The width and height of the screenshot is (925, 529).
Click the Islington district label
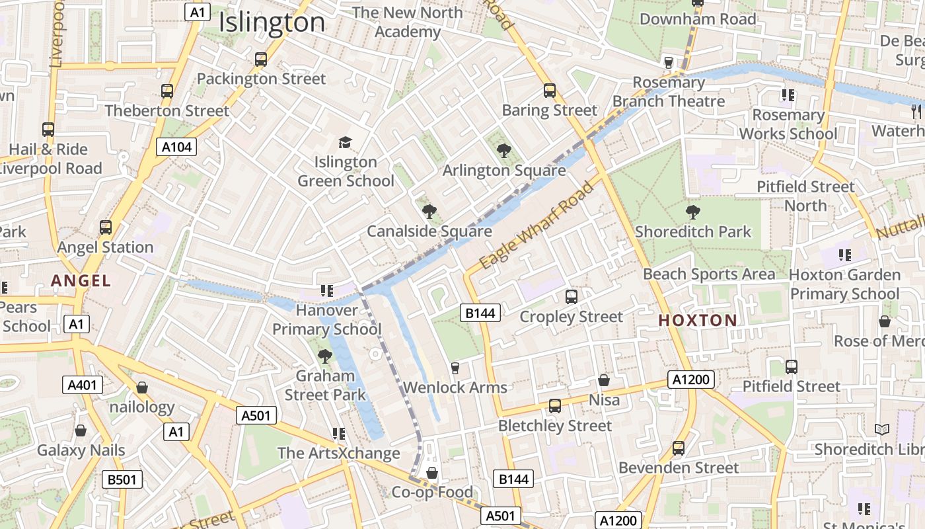point(272,22)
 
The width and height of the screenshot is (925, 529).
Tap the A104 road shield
point(177,147)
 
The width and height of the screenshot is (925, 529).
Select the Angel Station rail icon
point(106,227)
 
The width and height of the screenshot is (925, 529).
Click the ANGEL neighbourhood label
point(81,281)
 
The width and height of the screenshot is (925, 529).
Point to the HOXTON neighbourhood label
point(698,321)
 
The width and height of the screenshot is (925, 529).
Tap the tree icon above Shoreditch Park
point(692,212)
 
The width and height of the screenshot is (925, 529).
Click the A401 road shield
point(83,385)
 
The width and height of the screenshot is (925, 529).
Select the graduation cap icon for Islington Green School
point(345,142)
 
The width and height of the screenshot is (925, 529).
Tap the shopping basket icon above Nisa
point(604,380)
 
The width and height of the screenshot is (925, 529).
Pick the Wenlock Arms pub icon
point(455,368)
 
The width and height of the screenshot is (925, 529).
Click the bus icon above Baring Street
point(549,91)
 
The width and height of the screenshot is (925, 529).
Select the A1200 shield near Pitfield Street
point(691,380)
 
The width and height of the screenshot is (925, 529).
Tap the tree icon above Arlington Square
point(503,151)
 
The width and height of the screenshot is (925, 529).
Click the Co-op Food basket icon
point(432,473)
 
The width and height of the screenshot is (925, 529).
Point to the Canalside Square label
point(429,231)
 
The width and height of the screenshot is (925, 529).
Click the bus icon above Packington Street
point(261,60)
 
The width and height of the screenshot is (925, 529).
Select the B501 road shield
point(122,479)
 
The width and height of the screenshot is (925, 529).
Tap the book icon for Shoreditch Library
point(881,430)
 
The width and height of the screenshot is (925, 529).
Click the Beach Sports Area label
point(709,274)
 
